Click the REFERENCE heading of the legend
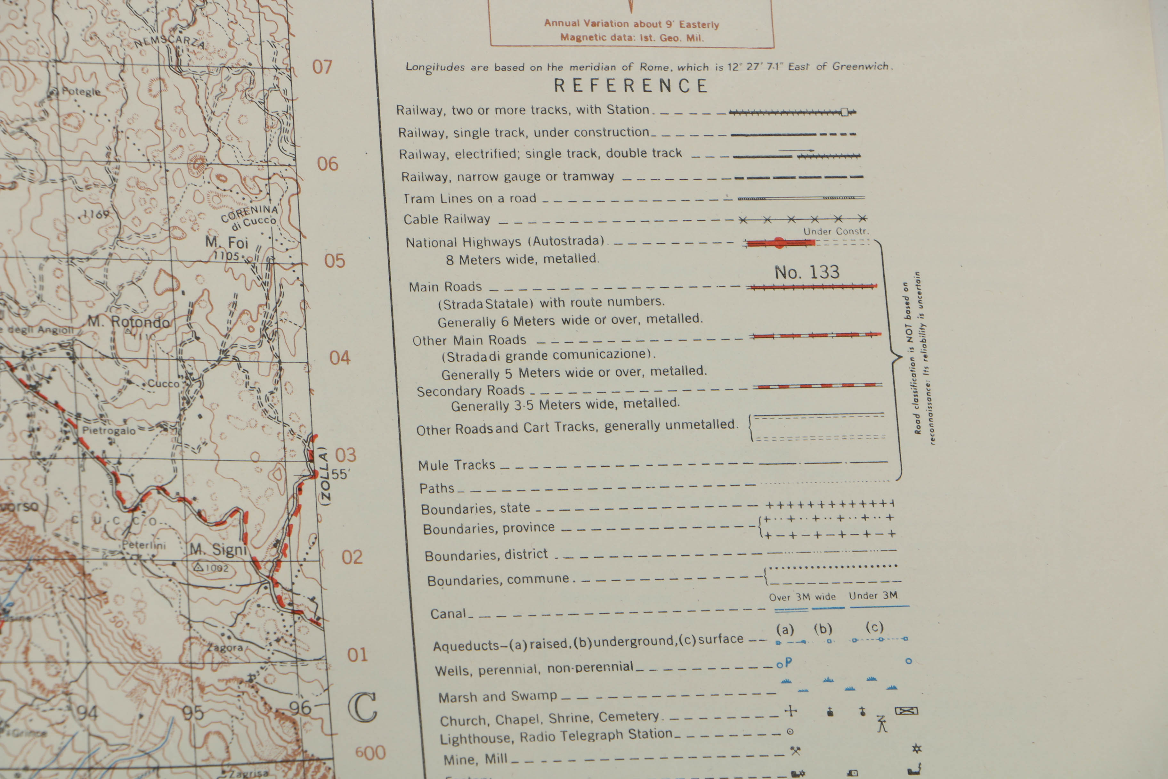click(x=631, y=86)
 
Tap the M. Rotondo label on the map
click(x=129, y=322)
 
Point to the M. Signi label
click(x=218, y=549)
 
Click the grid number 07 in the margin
click(x=322, y=67)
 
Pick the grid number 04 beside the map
click(x=340, y=358)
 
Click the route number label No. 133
click(x=807, y=272)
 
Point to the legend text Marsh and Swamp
click(x=497, y=697)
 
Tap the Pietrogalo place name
click(x=109, y=430)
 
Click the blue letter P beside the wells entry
click(x=789, y=662)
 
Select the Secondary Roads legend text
click(x=470, y=391)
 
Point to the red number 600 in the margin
click(x=370, y=753)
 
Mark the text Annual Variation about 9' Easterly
click(x=631, y=24)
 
